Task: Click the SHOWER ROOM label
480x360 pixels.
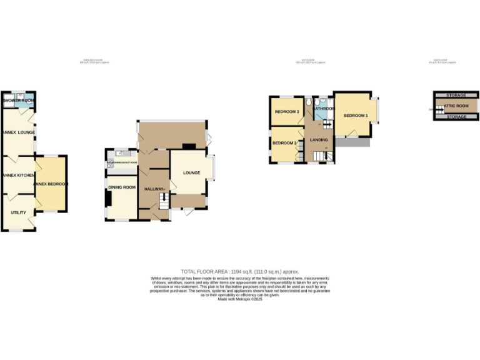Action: [19, 100]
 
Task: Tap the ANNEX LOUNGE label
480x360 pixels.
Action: [17, 132]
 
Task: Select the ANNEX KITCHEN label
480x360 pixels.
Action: [17, 176]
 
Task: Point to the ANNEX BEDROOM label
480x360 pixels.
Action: [51, 184]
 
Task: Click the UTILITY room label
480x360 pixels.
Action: [18, 212]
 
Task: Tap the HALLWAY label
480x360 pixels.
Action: [154, 189]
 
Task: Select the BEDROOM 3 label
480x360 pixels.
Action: [287, 112]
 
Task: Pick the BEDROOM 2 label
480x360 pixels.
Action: [284, 144]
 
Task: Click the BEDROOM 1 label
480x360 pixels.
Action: [355, 116]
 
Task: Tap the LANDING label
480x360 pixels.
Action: [319, 139]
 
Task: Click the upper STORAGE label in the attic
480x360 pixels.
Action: [457, 95]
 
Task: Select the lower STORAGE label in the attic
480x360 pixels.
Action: [457, 117]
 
